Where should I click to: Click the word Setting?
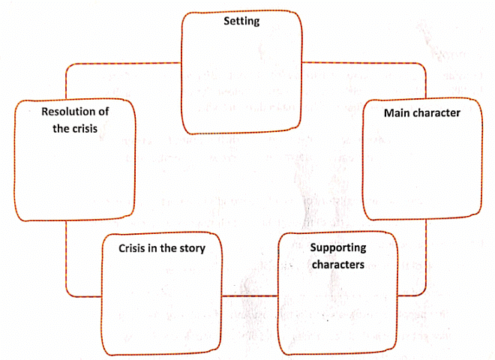coord(241,21)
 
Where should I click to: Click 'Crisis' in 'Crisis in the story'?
coord(134,247)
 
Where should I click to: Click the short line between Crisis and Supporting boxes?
coord(252,295)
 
